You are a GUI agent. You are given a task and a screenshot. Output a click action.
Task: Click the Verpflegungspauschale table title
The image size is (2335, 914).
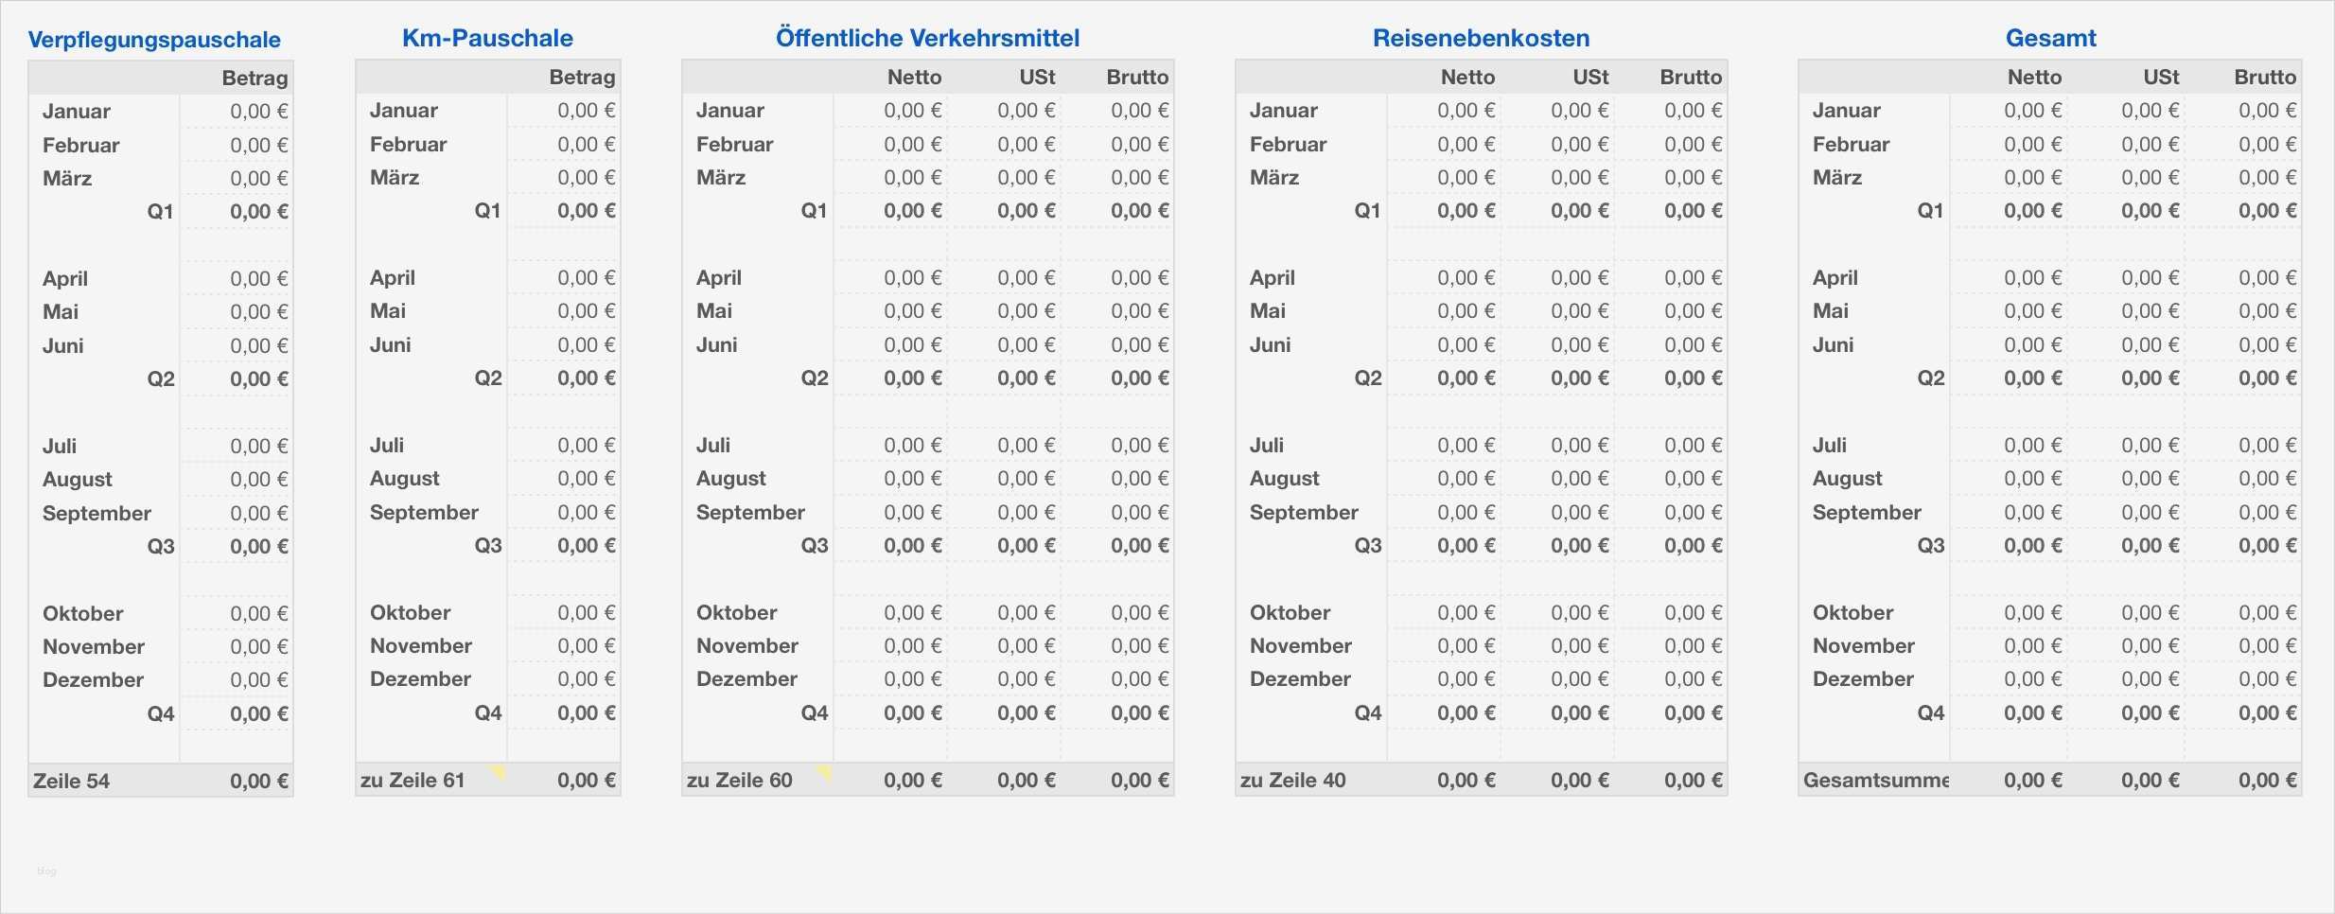tap(154, 40)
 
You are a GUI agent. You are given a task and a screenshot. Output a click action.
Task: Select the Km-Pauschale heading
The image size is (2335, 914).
tap(487, 38)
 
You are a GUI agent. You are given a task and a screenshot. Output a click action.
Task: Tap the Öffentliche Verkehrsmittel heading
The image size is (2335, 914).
tap(927, 38)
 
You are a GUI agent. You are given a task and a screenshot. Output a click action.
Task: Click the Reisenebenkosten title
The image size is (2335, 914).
tap(1481, 38)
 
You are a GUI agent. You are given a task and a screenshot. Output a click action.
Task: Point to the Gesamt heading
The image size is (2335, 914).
tap(2050, 38)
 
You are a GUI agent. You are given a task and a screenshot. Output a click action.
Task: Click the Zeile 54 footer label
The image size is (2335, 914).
tap(72, 782)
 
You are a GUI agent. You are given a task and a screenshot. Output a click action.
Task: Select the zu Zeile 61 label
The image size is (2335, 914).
tap(413, 781)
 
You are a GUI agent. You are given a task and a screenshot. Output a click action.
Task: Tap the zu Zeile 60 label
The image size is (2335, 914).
tap(740, 781)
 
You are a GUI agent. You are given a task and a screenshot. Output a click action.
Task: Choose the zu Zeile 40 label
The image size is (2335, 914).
tap(1292, 781)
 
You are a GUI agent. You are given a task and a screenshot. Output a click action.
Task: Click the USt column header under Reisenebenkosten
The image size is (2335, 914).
tap(1590, 78)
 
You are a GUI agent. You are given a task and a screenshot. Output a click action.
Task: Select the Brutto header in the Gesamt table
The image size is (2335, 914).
tap(2265, 78)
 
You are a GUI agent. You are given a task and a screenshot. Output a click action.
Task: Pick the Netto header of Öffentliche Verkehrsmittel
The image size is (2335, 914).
tap(914, 78)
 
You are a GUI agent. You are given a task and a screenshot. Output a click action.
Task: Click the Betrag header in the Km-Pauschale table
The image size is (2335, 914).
tap(582, 78)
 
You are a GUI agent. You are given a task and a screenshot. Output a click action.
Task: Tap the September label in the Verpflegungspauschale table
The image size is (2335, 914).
tap(97, 514)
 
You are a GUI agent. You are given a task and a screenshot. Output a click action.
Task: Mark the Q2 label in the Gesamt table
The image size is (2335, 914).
tap(1930, 378)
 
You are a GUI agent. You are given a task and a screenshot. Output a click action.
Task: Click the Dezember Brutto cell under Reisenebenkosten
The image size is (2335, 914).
tap(1693, 679)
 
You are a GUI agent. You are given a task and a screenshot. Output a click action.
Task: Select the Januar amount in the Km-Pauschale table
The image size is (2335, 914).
tap(586, 111)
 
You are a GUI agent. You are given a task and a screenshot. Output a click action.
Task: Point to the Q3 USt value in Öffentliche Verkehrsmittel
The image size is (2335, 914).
tap(1026, 546)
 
